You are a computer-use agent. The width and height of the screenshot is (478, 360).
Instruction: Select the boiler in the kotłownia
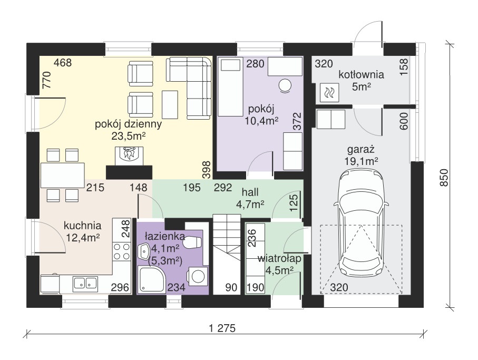(x=329, y=92)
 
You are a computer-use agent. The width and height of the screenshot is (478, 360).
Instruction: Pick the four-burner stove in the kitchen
(x=122, y=252)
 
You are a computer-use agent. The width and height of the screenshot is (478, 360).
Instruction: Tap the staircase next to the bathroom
(x=227, y=254)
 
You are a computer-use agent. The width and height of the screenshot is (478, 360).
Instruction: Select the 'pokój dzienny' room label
(x=129, y=124)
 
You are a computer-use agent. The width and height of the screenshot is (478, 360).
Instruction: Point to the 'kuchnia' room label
(x=82, y=226)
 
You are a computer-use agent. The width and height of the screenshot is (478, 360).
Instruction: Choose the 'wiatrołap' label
(x=279, y=259)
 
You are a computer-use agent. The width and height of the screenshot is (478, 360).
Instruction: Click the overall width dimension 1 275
(x=222, y=328)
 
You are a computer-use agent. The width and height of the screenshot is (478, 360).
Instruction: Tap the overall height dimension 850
(x=444, y=177)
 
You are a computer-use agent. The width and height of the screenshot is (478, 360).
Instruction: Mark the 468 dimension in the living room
(x=63, y=63)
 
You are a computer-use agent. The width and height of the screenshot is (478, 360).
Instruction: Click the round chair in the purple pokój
(x=285, y=85)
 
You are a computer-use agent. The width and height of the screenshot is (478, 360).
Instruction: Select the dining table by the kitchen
(x=62, y=176)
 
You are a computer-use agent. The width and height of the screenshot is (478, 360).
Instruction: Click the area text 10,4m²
(x=261, y=121)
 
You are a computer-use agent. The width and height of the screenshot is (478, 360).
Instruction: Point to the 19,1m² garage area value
(x=361, y=161)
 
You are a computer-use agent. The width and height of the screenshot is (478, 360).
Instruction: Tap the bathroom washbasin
(x=143, y=252)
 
